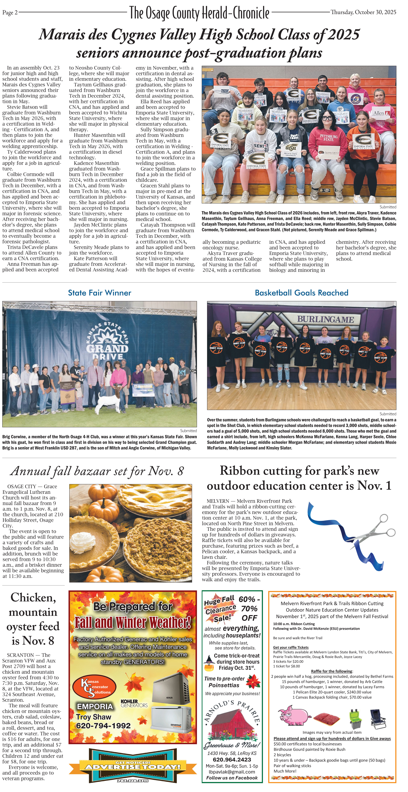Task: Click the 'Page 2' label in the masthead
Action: tap(10, 13)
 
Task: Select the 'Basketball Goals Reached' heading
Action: tap(301, 293)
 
